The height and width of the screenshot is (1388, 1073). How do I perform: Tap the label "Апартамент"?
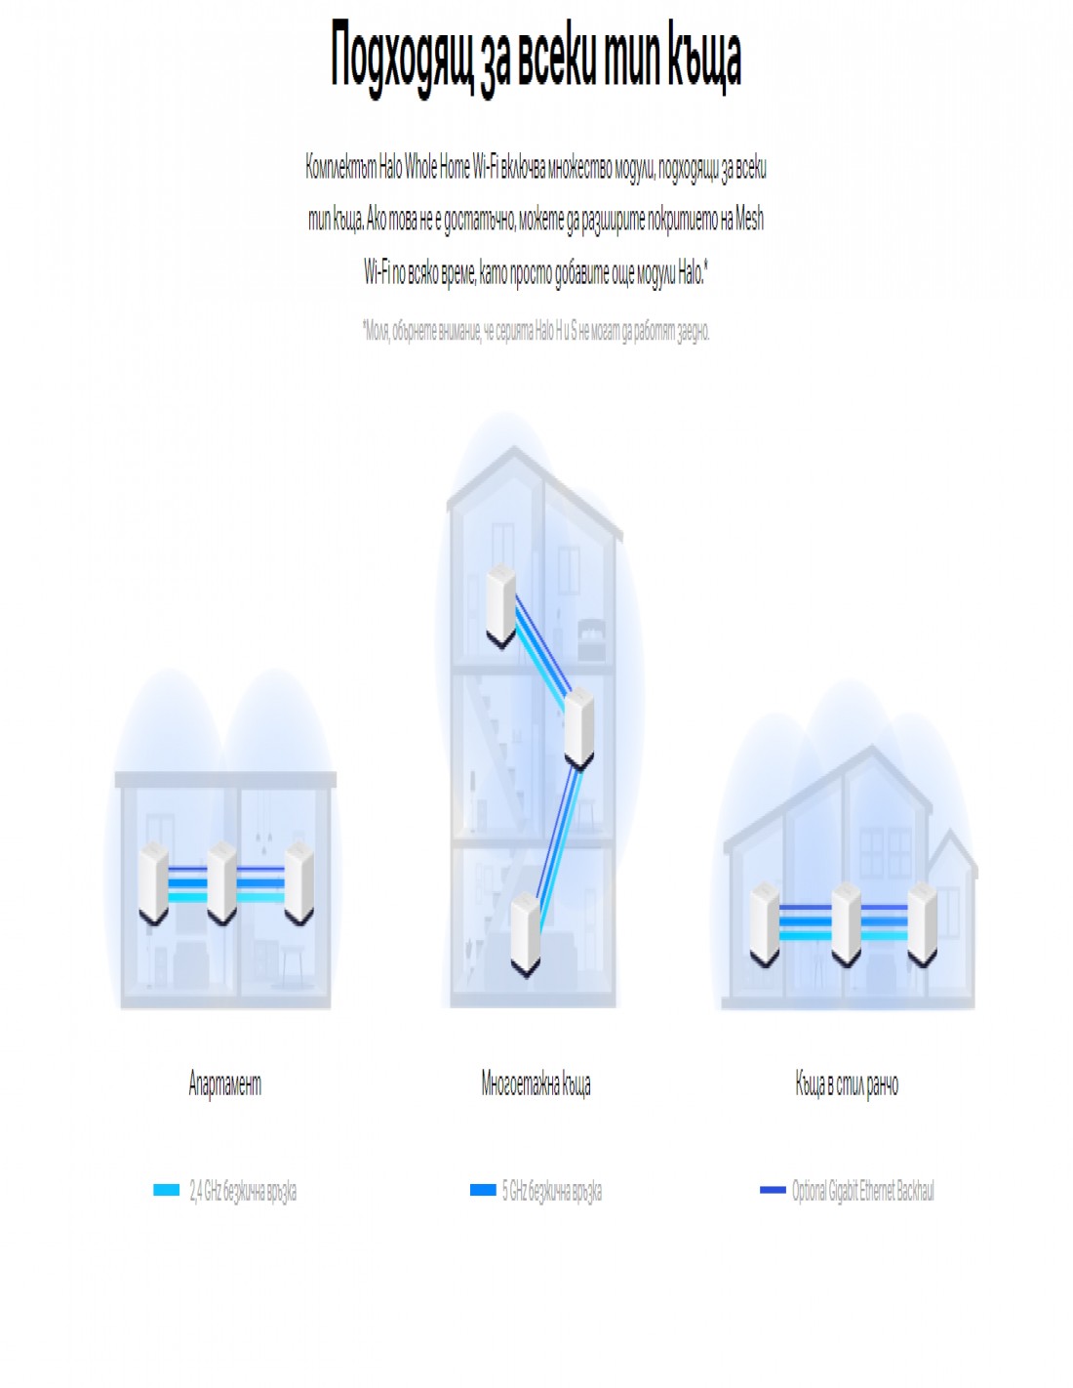pyautogui.click(x=225, y=1083)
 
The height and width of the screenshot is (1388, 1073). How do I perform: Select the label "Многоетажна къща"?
pyautogui.click(x=536, y=1083)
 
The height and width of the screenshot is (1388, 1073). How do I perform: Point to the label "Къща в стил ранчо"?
pyautogui.click(x=847, y=1083)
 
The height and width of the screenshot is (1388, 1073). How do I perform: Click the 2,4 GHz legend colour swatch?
pyautogui.click(x=167, y=1190)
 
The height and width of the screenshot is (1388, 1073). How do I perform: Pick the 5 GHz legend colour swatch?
pyautogui.click(x=483, y=1190)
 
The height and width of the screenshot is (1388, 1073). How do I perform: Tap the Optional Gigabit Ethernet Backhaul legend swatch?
pyautogui.click(x=773, y=1190)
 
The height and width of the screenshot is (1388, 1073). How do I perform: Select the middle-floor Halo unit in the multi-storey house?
pyautogui.click(x=579, y=727)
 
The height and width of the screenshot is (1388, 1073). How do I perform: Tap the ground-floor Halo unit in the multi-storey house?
pyautogui.click(x=526, y=933)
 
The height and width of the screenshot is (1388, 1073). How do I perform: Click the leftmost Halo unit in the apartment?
pyautogui.click(x=153, y=883)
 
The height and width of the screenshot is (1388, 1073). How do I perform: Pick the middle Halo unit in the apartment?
pyautogui.click(x=221, y=883)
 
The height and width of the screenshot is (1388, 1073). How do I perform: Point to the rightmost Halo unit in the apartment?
pyautogui.click(x=298, y=883)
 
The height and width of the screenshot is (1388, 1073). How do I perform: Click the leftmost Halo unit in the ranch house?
pyautogui.click(x=764, y=923)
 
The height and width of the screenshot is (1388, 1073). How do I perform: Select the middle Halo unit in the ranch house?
pyautogui.click(x=845, y=923)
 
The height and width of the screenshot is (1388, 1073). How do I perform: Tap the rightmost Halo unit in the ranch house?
pyautogui.click(x=922, y=923)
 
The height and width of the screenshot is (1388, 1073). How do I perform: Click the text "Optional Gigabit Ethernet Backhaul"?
pyautogui.click(x=862, y=1191)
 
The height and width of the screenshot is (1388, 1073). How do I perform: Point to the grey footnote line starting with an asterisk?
pyautogui.click(x=536, y=331)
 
